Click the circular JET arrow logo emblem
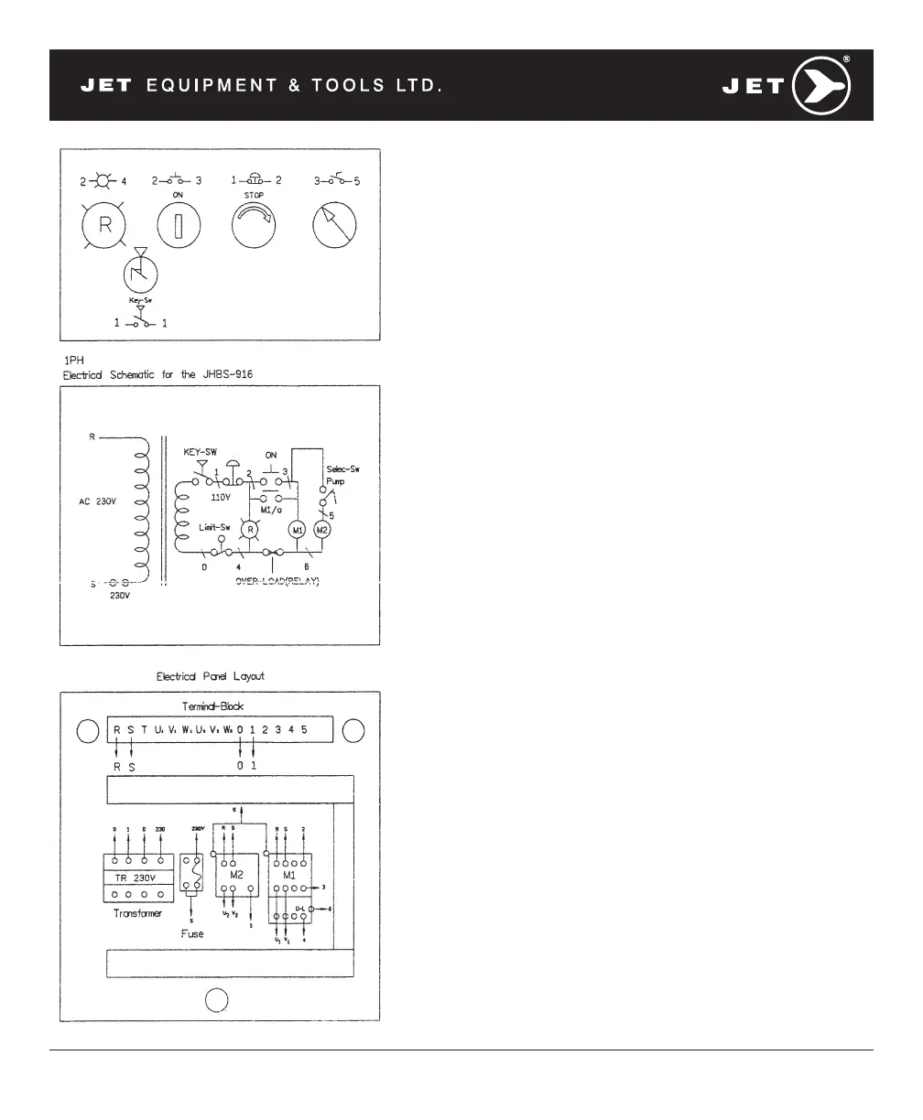pos(821,86)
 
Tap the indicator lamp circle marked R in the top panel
pos(105,223)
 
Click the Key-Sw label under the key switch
pos(140,299)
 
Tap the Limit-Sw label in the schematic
pos(214,527)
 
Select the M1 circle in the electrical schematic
pos(298,530)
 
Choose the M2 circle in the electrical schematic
pos(321,530)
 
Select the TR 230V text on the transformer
pos(138,878)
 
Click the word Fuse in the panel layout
pos(193,933)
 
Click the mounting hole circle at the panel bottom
pos(216,1001)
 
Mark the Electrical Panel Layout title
pos(211,676)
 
